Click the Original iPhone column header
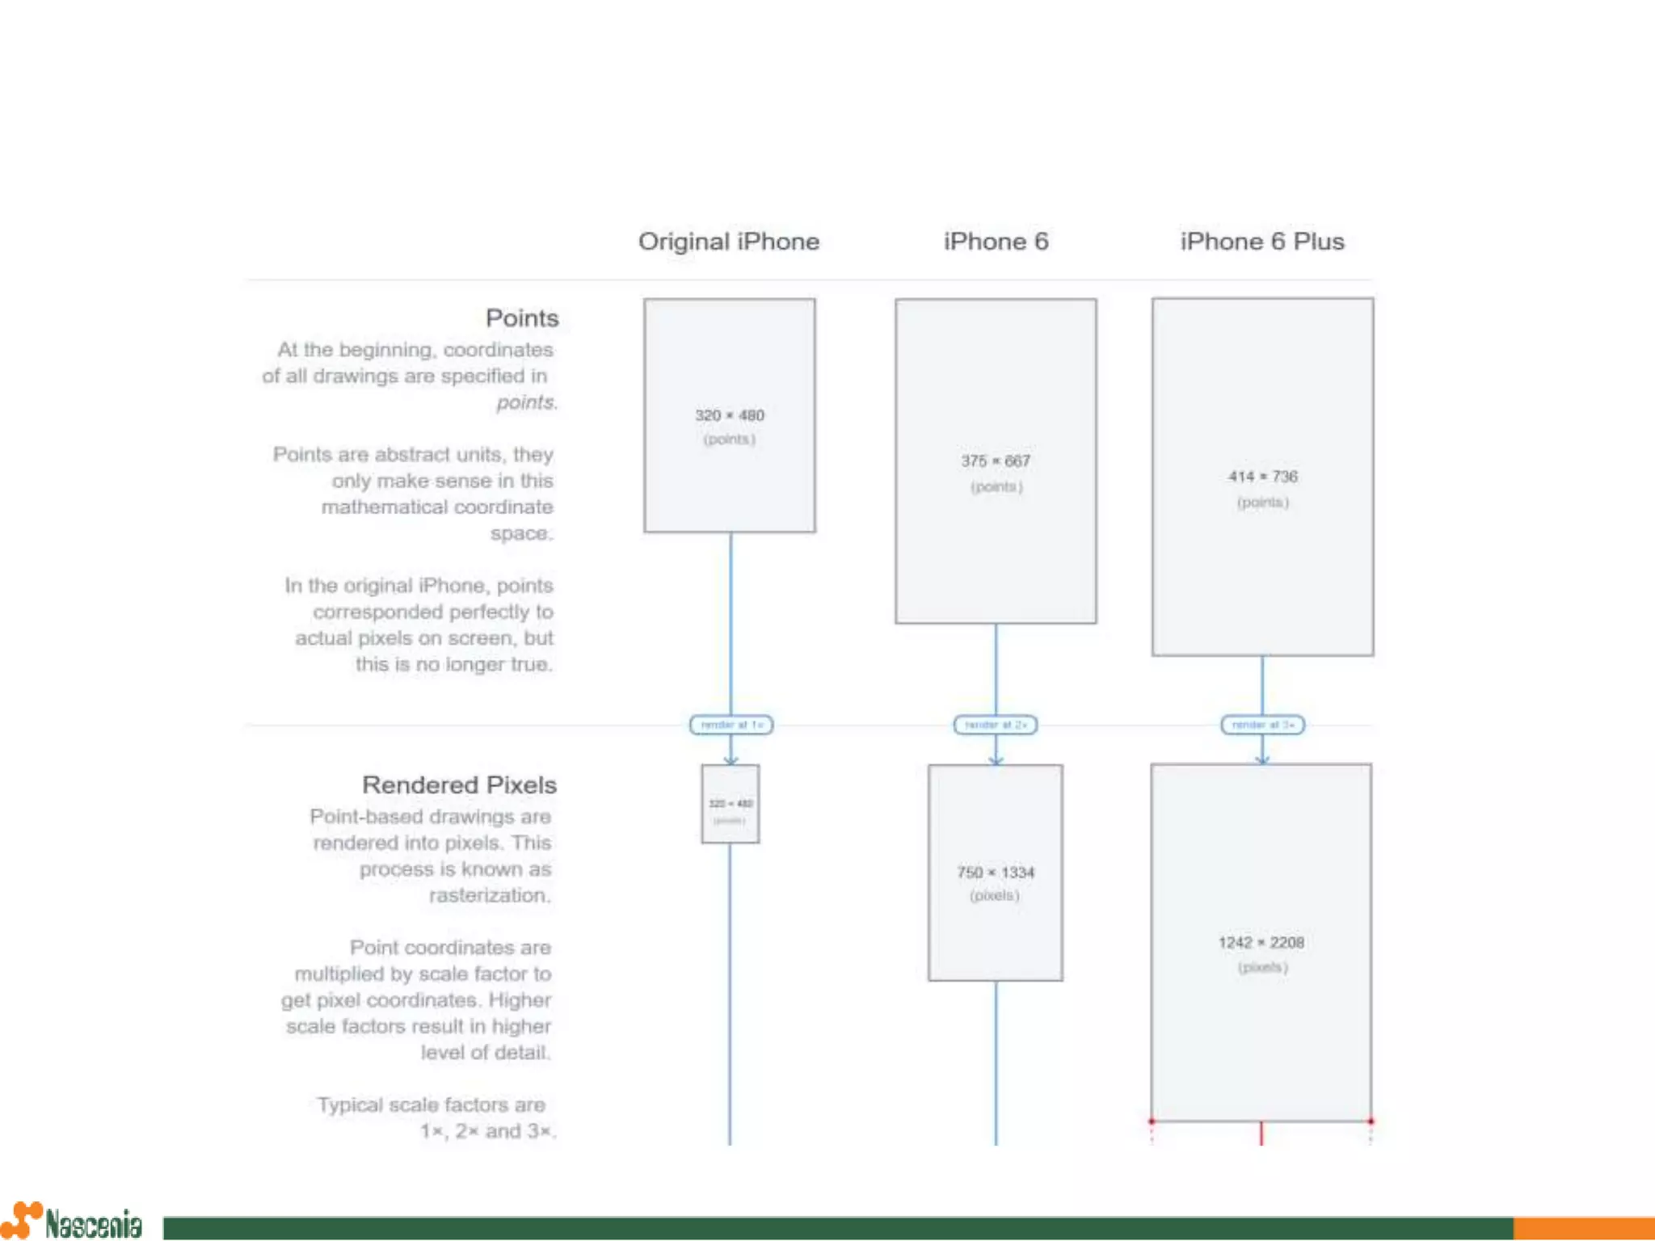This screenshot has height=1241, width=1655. pos(728,242)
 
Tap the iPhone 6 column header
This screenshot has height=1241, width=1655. pos(996,242)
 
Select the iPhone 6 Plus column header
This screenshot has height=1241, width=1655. pos(1261,242)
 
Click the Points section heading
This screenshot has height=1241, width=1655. pos(522,318)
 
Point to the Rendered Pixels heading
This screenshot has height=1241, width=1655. pos(459,785)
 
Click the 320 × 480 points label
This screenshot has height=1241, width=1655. pos(729,415)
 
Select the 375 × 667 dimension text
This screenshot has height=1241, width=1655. pos(996,461)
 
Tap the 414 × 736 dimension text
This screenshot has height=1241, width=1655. pos(1262,477)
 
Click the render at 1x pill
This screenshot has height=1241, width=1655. pos(731,725)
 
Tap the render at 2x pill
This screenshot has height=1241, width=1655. pos(996,725)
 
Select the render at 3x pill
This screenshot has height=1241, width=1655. pos(1262,725)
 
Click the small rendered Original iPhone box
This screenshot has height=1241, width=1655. pos(731,804)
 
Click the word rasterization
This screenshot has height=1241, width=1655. pos(489,895)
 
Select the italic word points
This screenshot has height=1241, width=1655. pos(526,402)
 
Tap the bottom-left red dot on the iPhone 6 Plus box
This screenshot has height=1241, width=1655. pos(1152,1121)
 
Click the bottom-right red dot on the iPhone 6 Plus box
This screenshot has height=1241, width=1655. pos(1371,1121)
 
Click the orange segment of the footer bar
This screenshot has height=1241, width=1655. pos(1583,1228)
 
